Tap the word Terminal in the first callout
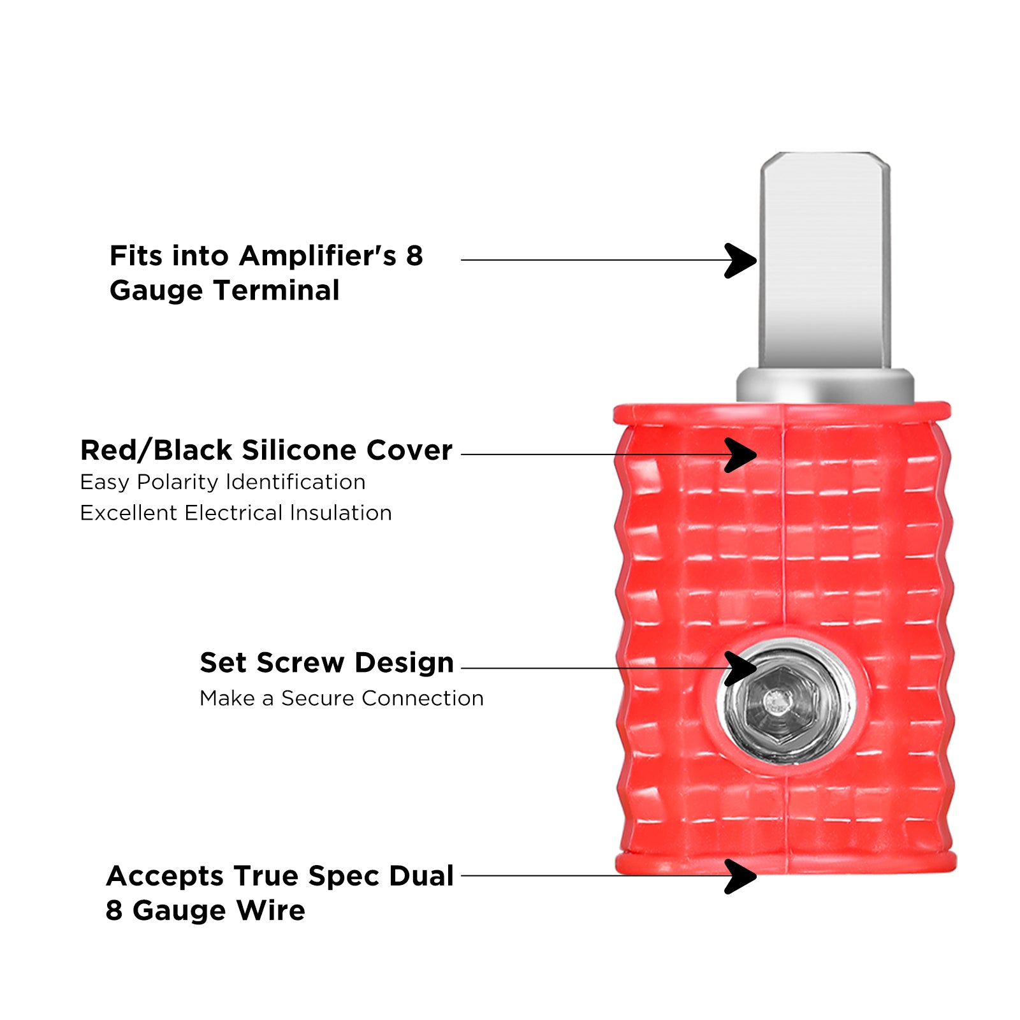pos(277,291)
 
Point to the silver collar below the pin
pos(825,386)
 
